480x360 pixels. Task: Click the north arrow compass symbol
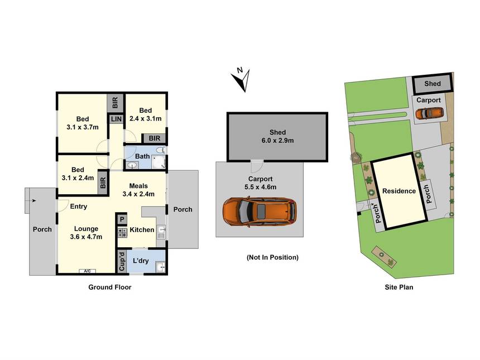tap(241, 79)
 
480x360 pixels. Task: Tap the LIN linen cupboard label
tap(116, 119)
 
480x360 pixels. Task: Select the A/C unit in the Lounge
tap(87, 271)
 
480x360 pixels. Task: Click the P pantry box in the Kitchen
tap(122, 219)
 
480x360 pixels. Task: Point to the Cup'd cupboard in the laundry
tap(122, 261)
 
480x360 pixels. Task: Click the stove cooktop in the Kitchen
tap(122, 233)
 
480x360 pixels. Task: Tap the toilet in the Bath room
tap(160, 150)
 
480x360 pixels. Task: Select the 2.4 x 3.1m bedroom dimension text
tap(146, 118)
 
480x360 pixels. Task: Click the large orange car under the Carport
tap(260, 212)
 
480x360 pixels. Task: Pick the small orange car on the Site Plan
tap(429, 113)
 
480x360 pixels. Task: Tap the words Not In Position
tap(272, 257)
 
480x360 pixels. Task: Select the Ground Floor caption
tap(110, 287)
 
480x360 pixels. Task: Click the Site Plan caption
tap(399, 287)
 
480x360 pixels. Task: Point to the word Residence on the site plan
tap(399, 191)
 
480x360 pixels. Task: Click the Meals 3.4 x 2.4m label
tap(138, 190)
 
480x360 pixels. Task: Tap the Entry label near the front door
tap(78, 207)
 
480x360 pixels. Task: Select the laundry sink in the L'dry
tap(161, 267)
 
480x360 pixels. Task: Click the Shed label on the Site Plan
tap(432, 84)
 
